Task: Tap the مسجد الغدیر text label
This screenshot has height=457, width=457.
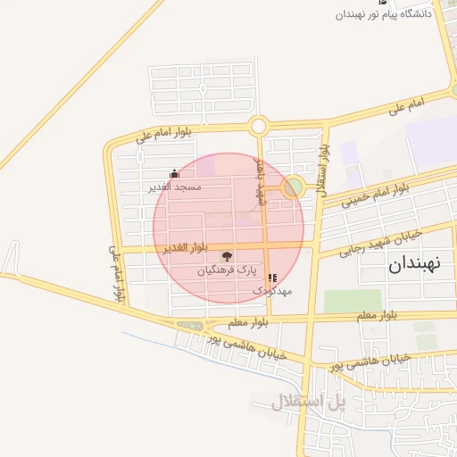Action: point(176,187)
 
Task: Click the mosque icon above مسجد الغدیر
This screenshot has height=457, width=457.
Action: point(173,174)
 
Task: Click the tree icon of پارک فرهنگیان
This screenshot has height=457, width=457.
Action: point(227,256)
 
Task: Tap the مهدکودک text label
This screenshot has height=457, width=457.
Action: point(271,291)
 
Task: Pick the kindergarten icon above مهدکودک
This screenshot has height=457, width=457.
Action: point(271,278)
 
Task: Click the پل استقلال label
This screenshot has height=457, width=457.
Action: point(310,403)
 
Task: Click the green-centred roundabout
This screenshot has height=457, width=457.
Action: point(292,187)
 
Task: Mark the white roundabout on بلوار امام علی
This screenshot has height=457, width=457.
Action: point(259,127)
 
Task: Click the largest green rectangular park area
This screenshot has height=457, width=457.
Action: point(352,301)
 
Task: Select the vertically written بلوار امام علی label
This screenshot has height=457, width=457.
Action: point(115,272)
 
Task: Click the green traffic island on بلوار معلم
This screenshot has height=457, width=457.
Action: point(189,326)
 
